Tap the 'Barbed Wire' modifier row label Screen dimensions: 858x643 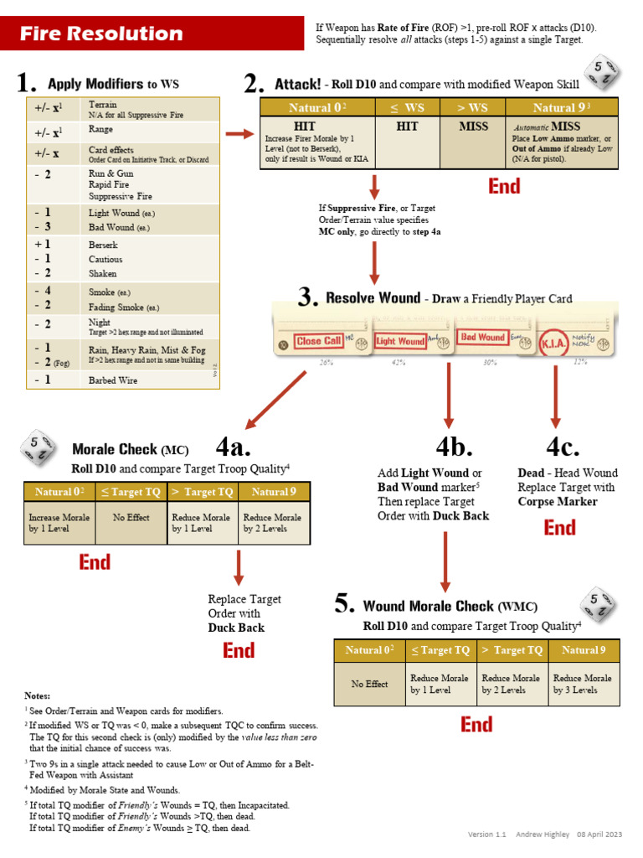tap(113, 380)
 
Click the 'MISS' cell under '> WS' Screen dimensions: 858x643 tap(473, 127)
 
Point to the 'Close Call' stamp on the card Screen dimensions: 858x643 tap(319, 341)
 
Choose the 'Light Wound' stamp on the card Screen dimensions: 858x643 tap(400, 341)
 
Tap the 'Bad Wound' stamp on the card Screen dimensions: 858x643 tap(481, 338)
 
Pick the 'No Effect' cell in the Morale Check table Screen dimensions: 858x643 tap(131, 518)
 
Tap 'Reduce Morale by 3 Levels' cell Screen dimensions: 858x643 tap(584, 684)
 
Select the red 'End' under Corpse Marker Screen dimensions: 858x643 tap(559, 528)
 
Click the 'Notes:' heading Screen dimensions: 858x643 tap(38, 695)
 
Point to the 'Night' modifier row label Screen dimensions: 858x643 tap(100, 323)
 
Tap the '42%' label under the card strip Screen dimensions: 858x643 tap(399, 363)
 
